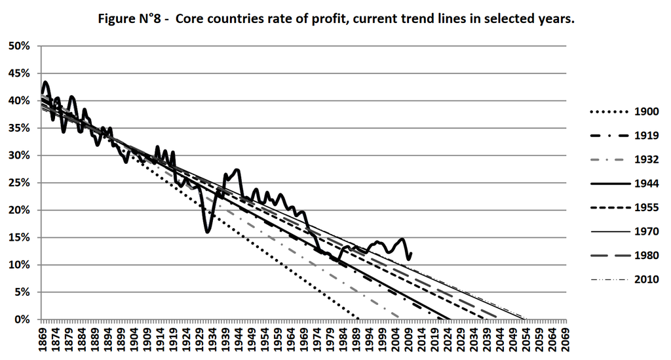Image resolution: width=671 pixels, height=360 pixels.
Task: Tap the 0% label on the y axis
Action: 24,320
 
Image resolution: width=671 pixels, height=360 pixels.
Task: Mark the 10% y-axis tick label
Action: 21,265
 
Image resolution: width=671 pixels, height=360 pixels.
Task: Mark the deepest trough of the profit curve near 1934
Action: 207,231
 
